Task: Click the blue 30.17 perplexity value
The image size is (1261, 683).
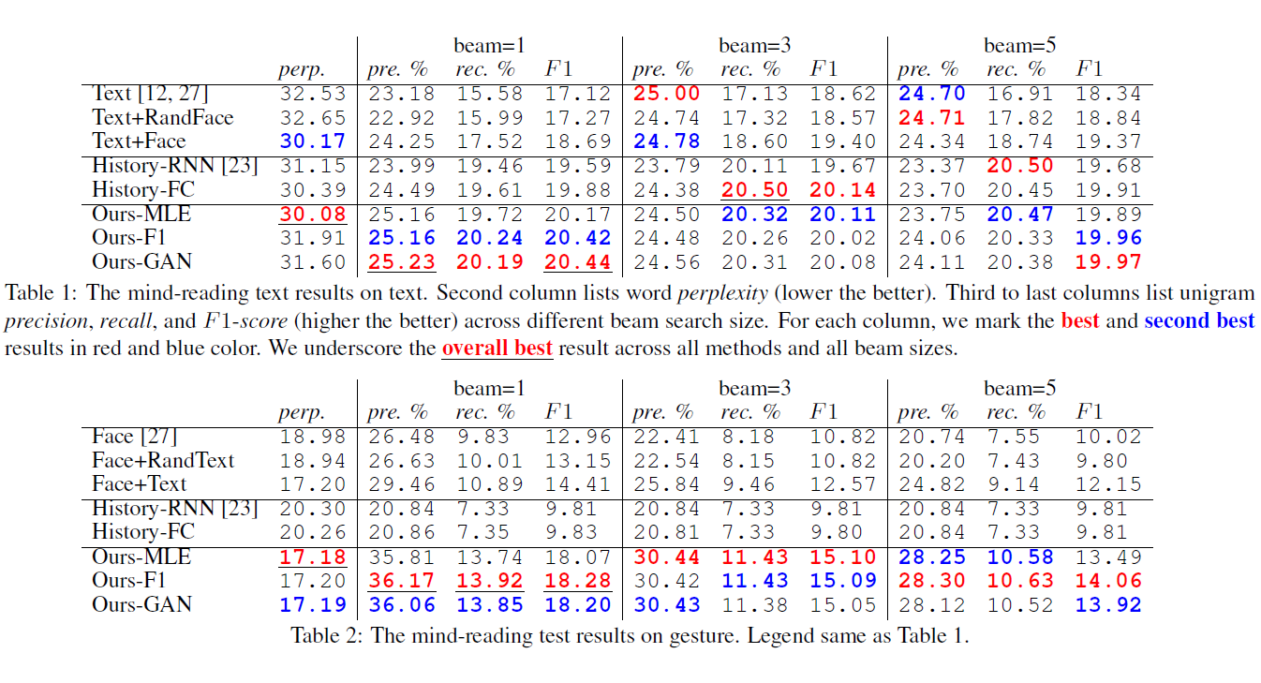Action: click(312, 141)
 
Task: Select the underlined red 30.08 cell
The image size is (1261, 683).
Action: click(312, 215)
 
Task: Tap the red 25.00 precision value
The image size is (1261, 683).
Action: click(666, 94)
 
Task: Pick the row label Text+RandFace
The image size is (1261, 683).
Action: click(163, 117)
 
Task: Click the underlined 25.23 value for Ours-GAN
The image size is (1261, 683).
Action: click(401, 262)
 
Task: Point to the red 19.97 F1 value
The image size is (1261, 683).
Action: click(1108, 262)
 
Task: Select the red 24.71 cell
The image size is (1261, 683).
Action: click(931, 118)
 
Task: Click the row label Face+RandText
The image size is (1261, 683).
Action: click(163, 461)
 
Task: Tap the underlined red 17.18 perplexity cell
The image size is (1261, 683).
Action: click(312, 557)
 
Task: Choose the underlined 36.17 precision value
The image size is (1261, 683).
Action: click(401, 581)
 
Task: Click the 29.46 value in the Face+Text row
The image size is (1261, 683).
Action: click(401, 484)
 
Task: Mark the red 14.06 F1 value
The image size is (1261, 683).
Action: click(1108, 581)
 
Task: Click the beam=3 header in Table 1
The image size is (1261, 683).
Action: click(754, 45)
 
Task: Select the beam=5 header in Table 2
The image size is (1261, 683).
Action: click(1019, 388)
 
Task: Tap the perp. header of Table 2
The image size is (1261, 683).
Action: click(302, 413)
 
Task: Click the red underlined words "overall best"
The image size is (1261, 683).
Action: click(497, 348)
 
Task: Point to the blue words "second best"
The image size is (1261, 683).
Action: click(1199, 321)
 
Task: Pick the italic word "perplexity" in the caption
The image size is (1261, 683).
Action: click(722, 293)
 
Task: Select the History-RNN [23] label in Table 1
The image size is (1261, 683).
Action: click(174, 166)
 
